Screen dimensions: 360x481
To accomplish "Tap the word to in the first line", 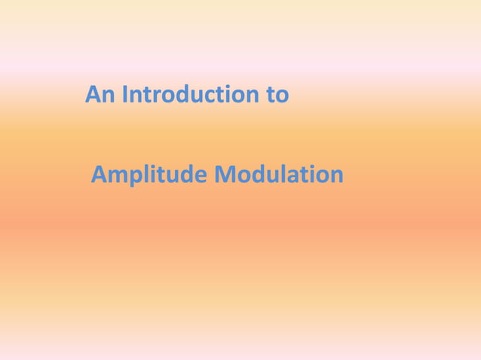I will [278, 96].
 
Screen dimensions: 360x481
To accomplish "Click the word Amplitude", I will [149, 175].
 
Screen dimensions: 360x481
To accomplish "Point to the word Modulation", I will [279, 175].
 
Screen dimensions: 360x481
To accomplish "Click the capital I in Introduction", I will [125, 96].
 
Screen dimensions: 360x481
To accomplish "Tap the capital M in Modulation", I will [225, 175].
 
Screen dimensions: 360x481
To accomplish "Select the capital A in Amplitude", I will [100, 175].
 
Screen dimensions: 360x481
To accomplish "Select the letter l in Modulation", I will [280, 175].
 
